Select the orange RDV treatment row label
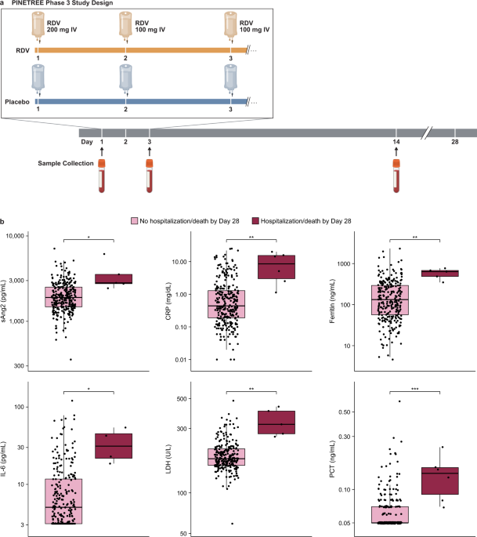tap(22, 51)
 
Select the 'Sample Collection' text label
tap(65, 165)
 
